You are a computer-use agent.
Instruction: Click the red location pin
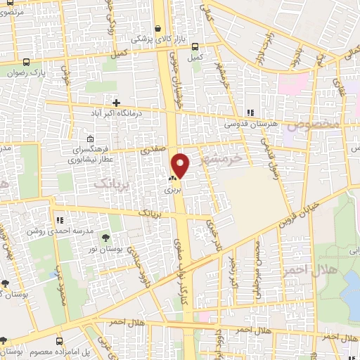(181, 164)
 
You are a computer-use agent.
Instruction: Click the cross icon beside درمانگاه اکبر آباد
(116, 103)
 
